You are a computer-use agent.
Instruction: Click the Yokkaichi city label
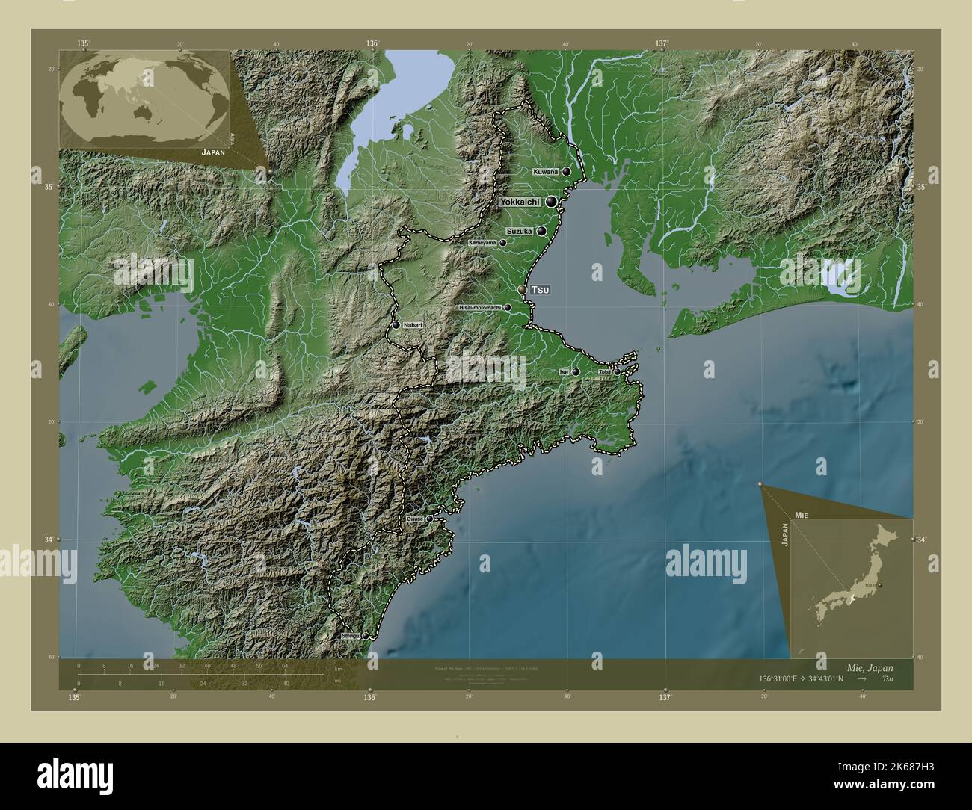click(520, 202)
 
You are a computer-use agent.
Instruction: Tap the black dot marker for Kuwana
click(567, 172)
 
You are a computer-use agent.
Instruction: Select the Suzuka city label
click(519, 232)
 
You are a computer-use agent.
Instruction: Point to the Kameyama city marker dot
click(503, 243)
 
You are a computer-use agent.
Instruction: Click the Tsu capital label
click(540, 289)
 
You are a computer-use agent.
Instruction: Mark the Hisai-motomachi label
click(480, 307)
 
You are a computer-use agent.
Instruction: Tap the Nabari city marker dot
click(396, 325)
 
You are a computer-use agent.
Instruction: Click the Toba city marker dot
click(617, 371)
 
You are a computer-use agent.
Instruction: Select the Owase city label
click(415, 518)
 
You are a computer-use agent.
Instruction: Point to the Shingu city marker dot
click(366, 636)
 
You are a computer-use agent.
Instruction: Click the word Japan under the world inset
click(213, 151)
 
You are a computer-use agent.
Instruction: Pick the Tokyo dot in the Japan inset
click(880, 585)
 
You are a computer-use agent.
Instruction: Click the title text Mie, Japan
click(866, 667)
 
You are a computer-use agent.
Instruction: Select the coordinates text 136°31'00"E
click(780, 678)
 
